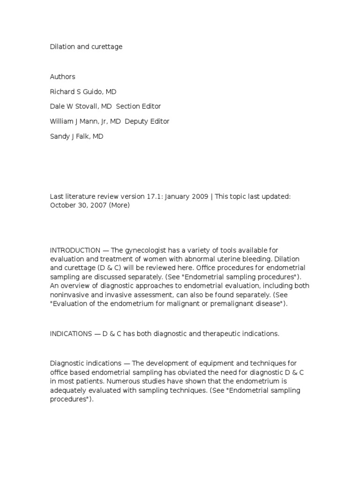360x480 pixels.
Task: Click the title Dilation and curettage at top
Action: pyautogui.click(x=86, y=47)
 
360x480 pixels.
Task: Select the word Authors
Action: pyautogui.click(x=62, y=76)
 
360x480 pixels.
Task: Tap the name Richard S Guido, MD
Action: pyautogui.click(x=82, y=91)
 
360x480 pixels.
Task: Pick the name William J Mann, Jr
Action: pyautogui.click(x=79, y=121)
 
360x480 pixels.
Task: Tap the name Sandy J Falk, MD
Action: pyautogui.click(x=76, y=136)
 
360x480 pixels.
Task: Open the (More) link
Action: pyautogui.click(x=120, y=205)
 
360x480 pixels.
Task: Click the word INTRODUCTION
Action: pyautogui.click(x=75, y=250)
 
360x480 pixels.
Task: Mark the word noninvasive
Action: pyautogui.click(x=69, y=295)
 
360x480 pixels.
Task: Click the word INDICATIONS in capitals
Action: pyautogui.click(x=71, y=334)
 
